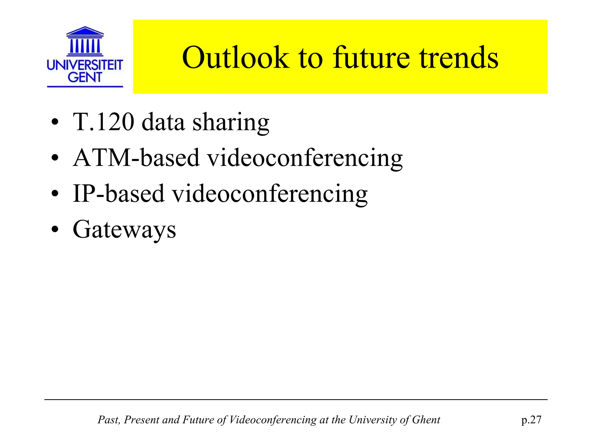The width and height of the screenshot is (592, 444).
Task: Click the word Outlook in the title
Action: [236, 58]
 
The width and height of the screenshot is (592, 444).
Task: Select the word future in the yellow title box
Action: [371, 58]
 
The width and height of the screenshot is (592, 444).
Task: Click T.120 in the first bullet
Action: [103, 122]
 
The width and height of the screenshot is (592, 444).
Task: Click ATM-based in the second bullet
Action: [136, 158]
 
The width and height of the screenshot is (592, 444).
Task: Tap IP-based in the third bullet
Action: [119, 193]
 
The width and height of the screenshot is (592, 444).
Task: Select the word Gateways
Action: [124, 230]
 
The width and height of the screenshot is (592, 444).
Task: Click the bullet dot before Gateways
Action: [55, 230]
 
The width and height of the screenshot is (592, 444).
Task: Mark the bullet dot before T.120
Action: [55, 122]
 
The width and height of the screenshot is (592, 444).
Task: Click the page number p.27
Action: [531, 420]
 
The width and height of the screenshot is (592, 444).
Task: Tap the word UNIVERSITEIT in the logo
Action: [85, 65]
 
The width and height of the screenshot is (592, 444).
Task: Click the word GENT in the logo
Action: [85, 77]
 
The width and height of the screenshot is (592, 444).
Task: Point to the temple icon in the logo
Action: [85, 41]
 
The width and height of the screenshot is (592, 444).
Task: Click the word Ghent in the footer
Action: [426, 420]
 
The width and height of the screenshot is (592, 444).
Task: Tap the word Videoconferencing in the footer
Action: [273, 420]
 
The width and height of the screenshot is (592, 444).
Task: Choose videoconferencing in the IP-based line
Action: [270, 194]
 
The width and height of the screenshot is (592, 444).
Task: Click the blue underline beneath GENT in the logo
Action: [85, 86]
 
